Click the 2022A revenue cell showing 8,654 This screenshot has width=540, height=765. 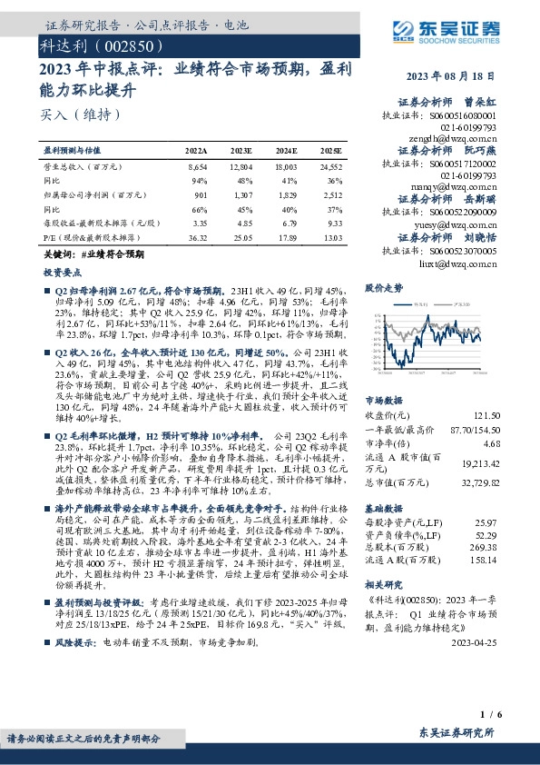click(x=197, y=168)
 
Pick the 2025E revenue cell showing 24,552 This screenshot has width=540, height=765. click(x=331, y=168)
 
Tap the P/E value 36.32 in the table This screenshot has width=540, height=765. click(x=197, y=237)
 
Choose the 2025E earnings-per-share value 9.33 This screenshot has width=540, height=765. click(x=334, y=222)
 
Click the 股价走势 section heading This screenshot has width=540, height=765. click(x=382, y=287)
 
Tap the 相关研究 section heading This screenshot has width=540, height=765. click(x=382, y=586)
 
